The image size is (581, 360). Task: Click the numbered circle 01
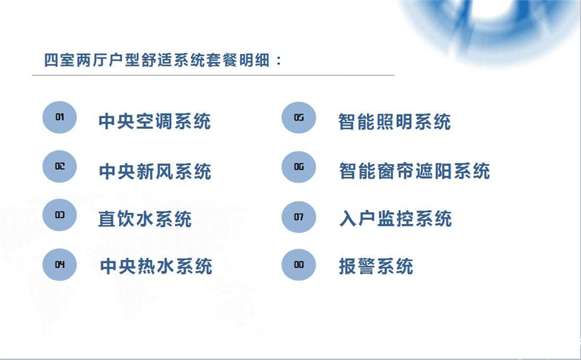[59, 117]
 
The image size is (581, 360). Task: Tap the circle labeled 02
[59, 166]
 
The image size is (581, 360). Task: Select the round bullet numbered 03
[59, 215]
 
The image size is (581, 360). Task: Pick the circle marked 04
[59, 265]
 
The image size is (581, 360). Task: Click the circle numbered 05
[299, 117]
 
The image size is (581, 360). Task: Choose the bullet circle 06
[299, 167]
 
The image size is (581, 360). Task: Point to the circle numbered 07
[299, 217]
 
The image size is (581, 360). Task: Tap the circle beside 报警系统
[299, 265]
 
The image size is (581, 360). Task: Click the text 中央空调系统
[155, 121]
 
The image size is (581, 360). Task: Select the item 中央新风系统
[155, 171]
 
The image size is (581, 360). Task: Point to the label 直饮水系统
[145, 219]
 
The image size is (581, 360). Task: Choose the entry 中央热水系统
[156, 266]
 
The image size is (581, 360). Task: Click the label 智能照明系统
[394, 122]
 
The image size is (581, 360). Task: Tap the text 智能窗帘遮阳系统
[414, 171]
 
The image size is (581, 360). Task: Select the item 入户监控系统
[396, 218]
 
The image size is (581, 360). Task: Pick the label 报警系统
[376, 266]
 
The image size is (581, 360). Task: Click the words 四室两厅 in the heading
[76, 60]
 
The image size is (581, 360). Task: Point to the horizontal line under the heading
[213, 75]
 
